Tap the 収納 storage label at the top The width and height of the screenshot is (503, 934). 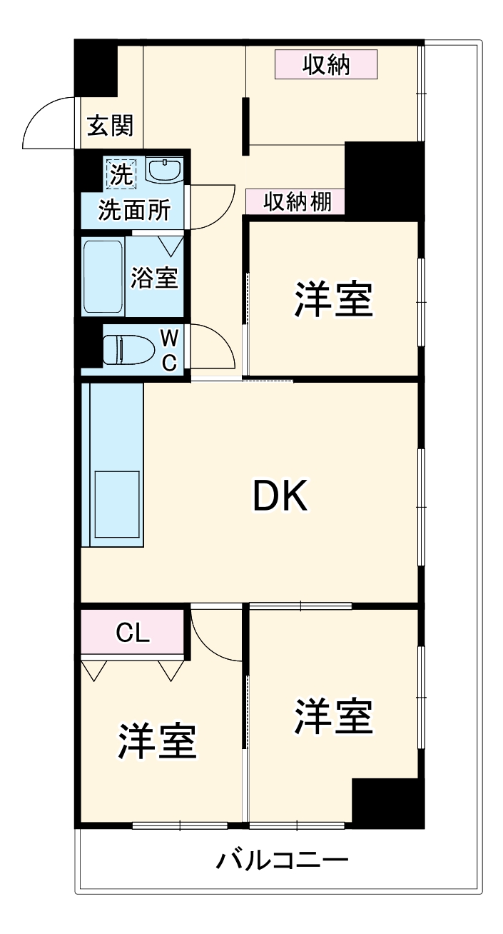point(326,66)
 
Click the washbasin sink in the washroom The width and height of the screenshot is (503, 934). point(165,171)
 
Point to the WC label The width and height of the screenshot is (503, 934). point(169,350)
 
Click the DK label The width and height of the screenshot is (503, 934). point(280,496)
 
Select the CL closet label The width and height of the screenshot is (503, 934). point(133,632)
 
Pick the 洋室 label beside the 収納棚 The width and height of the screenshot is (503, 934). point(333,301)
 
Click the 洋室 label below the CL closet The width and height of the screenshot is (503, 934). point(158,743)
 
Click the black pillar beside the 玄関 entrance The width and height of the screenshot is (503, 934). point(96,69)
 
